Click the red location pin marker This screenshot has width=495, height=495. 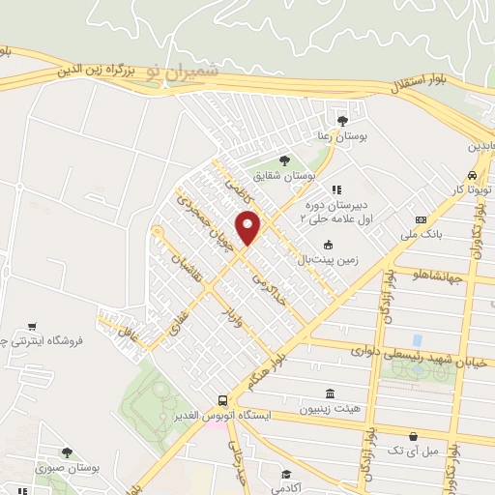click(x=248, y=229)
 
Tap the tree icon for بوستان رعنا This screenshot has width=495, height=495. click(x=342, y=121)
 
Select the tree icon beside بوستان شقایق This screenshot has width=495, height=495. click(x=284, y=160)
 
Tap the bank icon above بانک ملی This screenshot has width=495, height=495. click(x=421, y=219)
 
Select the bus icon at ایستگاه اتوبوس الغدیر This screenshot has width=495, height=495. click(x=223, y=400)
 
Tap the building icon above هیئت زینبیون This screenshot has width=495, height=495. click(x=331, y=394)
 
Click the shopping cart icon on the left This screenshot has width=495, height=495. click(x=34, y=326)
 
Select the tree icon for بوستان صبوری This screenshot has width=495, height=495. click(x=67, y=451)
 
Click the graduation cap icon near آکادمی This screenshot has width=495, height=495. click(x=287, y=474)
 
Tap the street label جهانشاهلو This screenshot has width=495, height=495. click(x=438, y=277)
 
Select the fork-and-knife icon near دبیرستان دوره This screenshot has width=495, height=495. click(x=335, y=189)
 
